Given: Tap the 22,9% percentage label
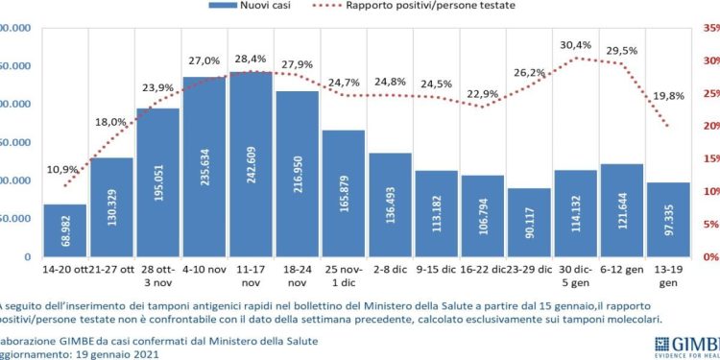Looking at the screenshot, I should tap(483, 93).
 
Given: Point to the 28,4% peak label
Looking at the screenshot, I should tap(252, 59).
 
